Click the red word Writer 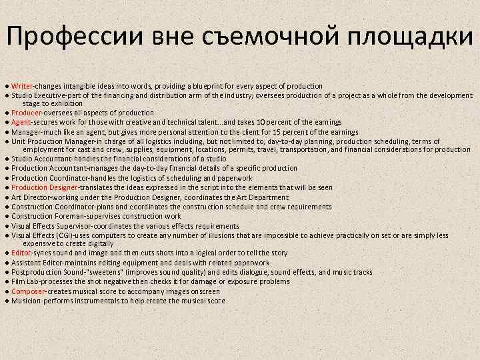[22, 86]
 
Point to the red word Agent [21, 122]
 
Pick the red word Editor [21, 253]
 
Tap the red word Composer [28, 291]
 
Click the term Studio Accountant [43, 159]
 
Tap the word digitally [100, 243]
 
